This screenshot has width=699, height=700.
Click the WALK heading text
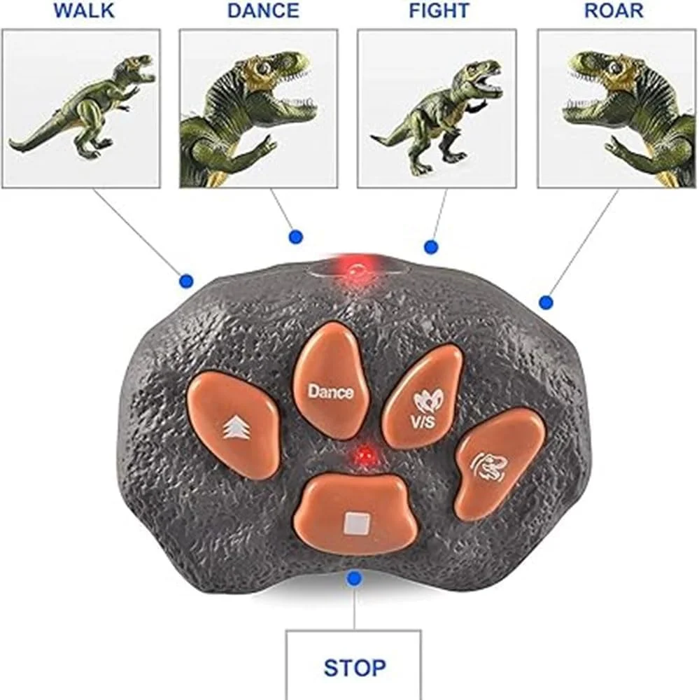pos(84,10)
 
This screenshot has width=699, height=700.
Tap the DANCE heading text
pos(263,10)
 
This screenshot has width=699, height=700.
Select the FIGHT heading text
pos(439,10)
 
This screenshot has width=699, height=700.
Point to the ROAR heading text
pos(614,10)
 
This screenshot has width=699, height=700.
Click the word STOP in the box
pos(355,667)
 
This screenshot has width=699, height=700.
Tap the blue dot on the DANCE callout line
pos(295,237)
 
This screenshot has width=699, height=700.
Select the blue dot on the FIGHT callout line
pos(430,247)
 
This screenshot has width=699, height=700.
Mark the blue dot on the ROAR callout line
pos(546,302)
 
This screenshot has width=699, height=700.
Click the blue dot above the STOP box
pos(355,579)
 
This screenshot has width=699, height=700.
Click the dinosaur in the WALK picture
pos(85,107)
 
